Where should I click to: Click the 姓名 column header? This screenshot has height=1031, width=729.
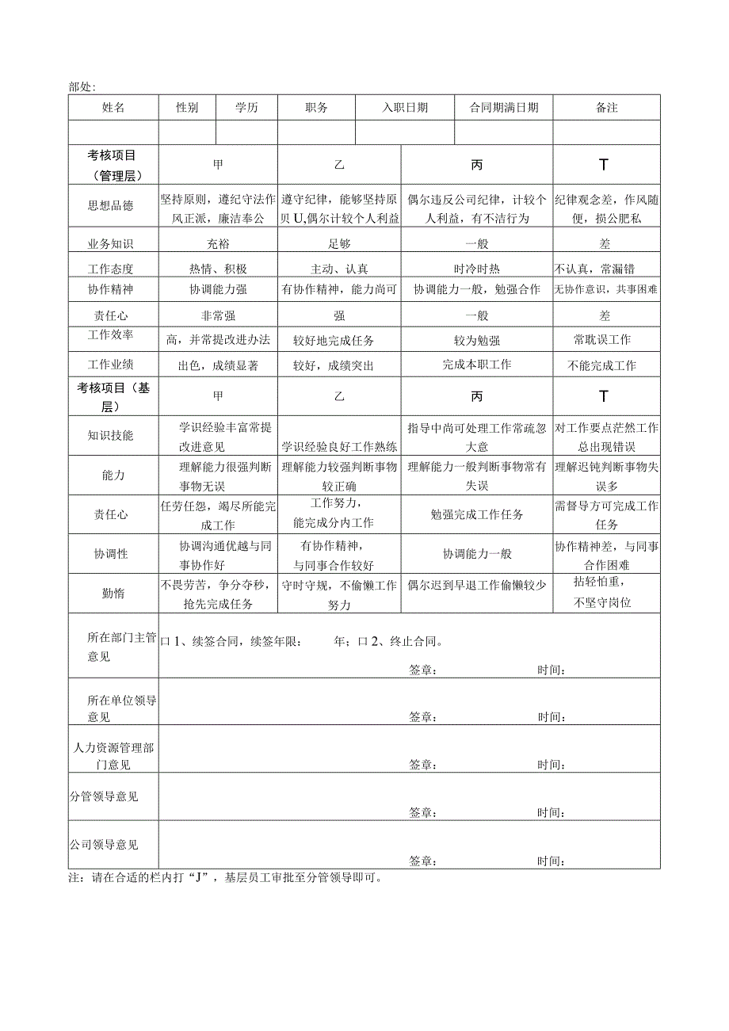click(x=113, y=108)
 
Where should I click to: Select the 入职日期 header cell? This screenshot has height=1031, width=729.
click(x=405, y=108)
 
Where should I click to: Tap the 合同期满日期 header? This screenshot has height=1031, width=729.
click(x=504, y=108)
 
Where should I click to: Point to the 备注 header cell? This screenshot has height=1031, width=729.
click(x=606, y=108)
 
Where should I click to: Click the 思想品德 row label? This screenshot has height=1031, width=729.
click(x=110, y=206)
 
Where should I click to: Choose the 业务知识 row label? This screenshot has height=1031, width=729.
click(x=110, y=244)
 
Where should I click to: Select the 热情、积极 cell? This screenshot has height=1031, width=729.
click(x=219, y=269)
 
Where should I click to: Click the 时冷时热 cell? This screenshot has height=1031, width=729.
click(x=476, y=269)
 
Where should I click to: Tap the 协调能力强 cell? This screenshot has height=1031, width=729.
click(x=219, y=290)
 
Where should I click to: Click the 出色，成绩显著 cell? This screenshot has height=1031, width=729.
click(x=219, y=365)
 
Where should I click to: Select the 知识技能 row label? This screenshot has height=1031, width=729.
click(x=110, y=435)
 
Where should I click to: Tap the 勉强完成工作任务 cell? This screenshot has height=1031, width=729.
click(x=476, y=514)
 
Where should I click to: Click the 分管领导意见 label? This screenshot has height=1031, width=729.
click(x=104, y=796)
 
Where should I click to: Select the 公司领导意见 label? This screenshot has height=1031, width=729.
click(x=104, y=845)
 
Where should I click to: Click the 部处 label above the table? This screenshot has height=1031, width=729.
click(x=82, y=86)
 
